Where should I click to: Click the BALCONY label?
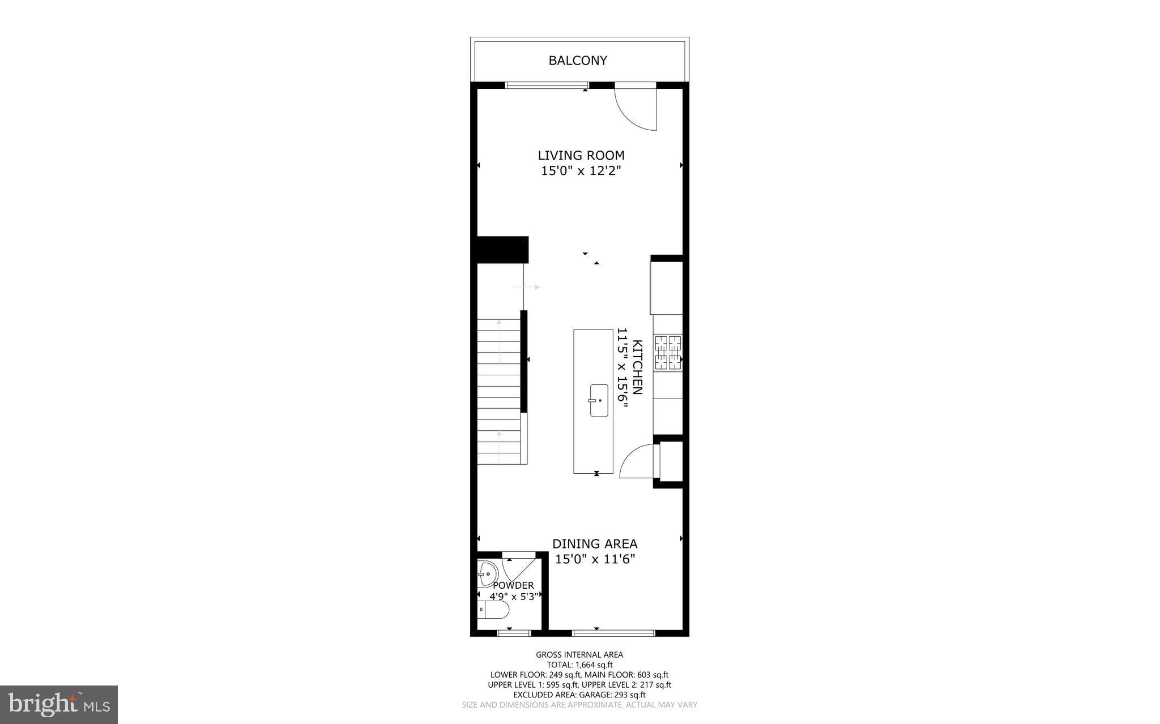pos(578,61)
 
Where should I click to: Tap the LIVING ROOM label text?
pos(581,155)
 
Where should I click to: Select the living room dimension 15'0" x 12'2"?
pos(581,170)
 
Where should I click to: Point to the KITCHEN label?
pos(637,367)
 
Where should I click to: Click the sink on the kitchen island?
pos(599,401)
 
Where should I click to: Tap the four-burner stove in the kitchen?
pos(668,353)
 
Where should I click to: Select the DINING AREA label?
pos(595,544)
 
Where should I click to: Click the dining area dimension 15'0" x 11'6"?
pos(595,559)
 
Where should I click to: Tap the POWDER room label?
pos(513,585)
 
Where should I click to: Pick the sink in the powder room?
pos(487,574)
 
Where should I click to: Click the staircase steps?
pos(498,391)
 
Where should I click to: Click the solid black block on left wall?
pos(502,250)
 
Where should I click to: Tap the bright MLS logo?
pos(59,704)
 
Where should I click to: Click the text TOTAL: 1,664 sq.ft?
pos(579,665)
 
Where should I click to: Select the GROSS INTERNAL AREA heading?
pos(579,655)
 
